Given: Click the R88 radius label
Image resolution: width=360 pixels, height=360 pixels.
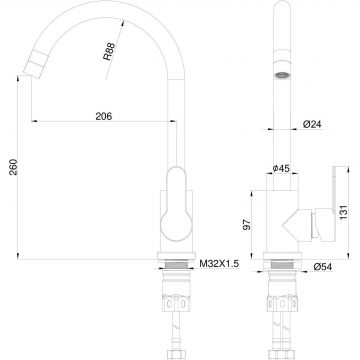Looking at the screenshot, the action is click(109, 51).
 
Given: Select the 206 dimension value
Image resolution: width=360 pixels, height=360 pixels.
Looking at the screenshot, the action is click(104, 116).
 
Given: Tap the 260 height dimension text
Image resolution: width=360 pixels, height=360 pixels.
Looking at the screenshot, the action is click(13, 167).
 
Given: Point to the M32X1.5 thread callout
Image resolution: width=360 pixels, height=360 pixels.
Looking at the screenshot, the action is click(219, 264).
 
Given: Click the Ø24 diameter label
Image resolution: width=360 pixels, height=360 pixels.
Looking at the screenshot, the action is click(312, 124).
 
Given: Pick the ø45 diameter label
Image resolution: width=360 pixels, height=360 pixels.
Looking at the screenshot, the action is click(281, 169).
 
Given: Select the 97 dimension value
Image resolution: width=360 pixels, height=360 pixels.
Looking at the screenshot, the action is click(247, 225).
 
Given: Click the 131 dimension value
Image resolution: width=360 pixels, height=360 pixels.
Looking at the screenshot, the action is click(344, 212).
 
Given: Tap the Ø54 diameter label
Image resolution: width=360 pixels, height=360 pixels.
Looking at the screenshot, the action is click(323, 267).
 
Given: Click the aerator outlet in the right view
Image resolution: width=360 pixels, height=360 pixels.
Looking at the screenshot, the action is click(282, 75).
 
